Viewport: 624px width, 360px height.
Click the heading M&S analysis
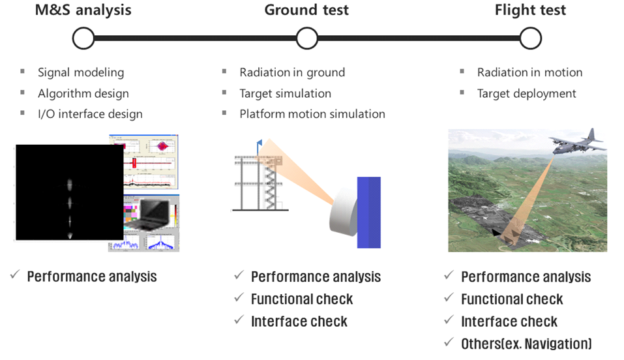pyautogui.click(x=83, y=10)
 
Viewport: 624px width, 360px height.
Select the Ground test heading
pyautogui.click(x=306, y=10)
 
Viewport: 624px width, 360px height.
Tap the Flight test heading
pyautogui.click(x=530, y=10)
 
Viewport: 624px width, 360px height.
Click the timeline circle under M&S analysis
pyautogui.click(x=83, y=38)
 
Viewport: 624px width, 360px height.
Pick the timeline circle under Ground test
pyautogui.click(x=306, y=38)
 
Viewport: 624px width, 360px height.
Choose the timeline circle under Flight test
pyautogui.click(x=531, y=38)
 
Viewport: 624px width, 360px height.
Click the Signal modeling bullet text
pyautogui.click(x=81, y=72)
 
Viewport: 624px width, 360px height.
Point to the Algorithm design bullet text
pyautogui.click(x=83, y=93)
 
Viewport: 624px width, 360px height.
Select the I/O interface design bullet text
pyautogui.click(x=90, y=114)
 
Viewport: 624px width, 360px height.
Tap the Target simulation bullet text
pyautogui.click(x=285, y=93)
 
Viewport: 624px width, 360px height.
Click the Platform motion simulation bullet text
pyautogui.click(x=312, y=114)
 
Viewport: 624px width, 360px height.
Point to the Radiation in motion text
pyautogui.click(x=529, y=72)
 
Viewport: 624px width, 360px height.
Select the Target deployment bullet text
pyautogui.click(x=526, y=93)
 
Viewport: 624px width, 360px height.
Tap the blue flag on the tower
pyautogui.click(x=260, y=142)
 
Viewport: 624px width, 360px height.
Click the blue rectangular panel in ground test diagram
pyautogui.click(x=368, y=212)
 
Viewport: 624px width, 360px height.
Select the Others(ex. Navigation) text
pyautogui.click(x=526, y=344)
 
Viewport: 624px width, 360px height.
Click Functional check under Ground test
pyautogui.click(x=302, y=299)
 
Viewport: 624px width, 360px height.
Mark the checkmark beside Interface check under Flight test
pyautogui.click(x=448, y=321)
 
